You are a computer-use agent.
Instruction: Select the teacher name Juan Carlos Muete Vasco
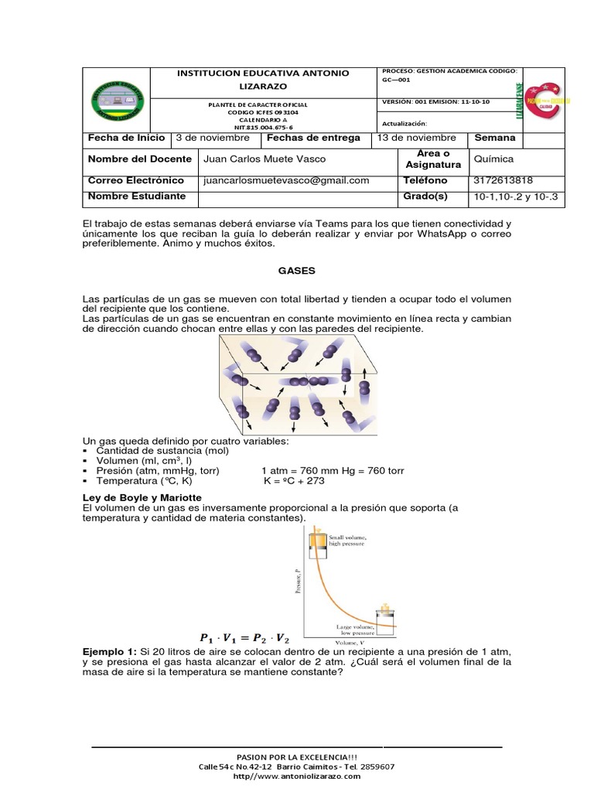click(x=264, y=159)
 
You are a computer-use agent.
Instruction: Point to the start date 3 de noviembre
click(x=213, y=138)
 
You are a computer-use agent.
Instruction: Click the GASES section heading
click(x=297, y=271)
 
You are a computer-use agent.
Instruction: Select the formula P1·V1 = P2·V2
click(x=244, y=638)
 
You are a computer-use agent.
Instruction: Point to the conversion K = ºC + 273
click(x=294, y=480)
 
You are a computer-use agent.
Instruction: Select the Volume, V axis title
click(x=350, y=642)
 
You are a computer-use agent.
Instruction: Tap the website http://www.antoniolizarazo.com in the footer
click(x=296, y=776)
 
